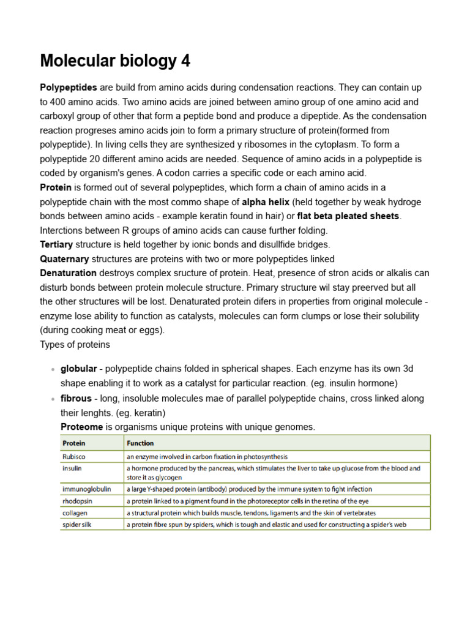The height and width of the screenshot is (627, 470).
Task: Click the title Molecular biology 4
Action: coord(115,61)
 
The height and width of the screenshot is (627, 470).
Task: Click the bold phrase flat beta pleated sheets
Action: coord(348,216)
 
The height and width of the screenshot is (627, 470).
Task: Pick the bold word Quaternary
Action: coord(64,258)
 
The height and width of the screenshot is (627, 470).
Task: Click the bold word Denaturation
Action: coord(68,273)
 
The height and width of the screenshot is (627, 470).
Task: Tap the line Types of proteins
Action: coord(75,344)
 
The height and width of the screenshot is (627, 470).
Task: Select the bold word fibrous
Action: coord(76,398)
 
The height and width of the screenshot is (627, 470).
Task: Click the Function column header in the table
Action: coord(140,443)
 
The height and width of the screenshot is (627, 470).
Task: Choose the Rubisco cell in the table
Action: coord(75,457)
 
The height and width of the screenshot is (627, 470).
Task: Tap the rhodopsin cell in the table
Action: coord(78,501)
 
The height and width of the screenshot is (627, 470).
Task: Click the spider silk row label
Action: coord(77,525)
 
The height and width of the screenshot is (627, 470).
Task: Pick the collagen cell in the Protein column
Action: coord(75,513)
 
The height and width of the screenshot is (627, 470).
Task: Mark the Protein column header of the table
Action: coord(74,443)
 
